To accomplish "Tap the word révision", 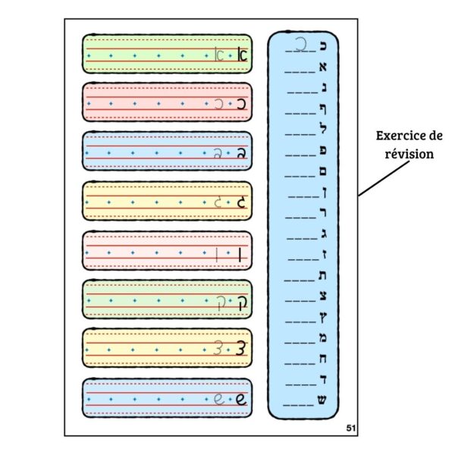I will pos(409,153).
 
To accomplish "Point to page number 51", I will pos(350,428).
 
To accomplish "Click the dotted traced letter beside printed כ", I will pos(302,45).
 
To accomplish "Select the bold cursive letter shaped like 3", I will pos(242,350).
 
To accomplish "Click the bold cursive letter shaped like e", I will pos(241,400).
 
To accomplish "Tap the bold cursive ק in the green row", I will pos(242,301).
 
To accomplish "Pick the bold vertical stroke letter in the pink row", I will pos(241,253).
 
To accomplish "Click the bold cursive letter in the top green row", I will pos(242,55).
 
